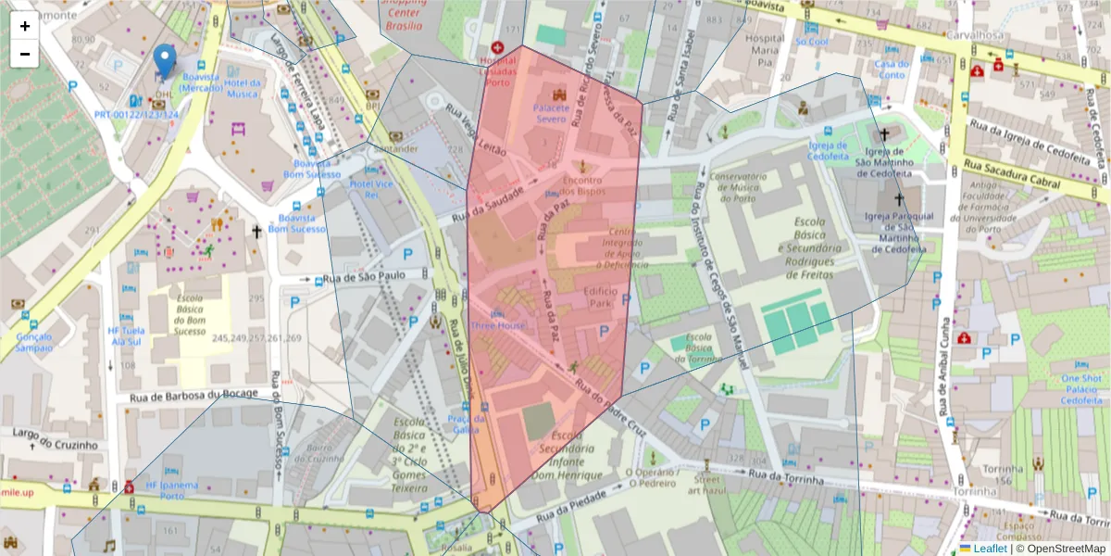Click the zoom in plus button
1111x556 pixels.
click(x=25, y=26)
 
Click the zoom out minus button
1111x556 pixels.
click(x=25, y=54)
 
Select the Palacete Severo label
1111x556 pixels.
click(x=550, y=113)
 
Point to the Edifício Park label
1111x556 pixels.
click(x=601, y=297)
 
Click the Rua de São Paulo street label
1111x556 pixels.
click(x=365, y=276)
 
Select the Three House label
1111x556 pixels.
click(x=497, y=325)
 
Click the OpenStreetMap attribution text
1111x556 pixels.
click(x=1060, y=549)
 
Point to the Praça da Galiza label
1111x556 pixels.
click(x=463, y=423)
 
